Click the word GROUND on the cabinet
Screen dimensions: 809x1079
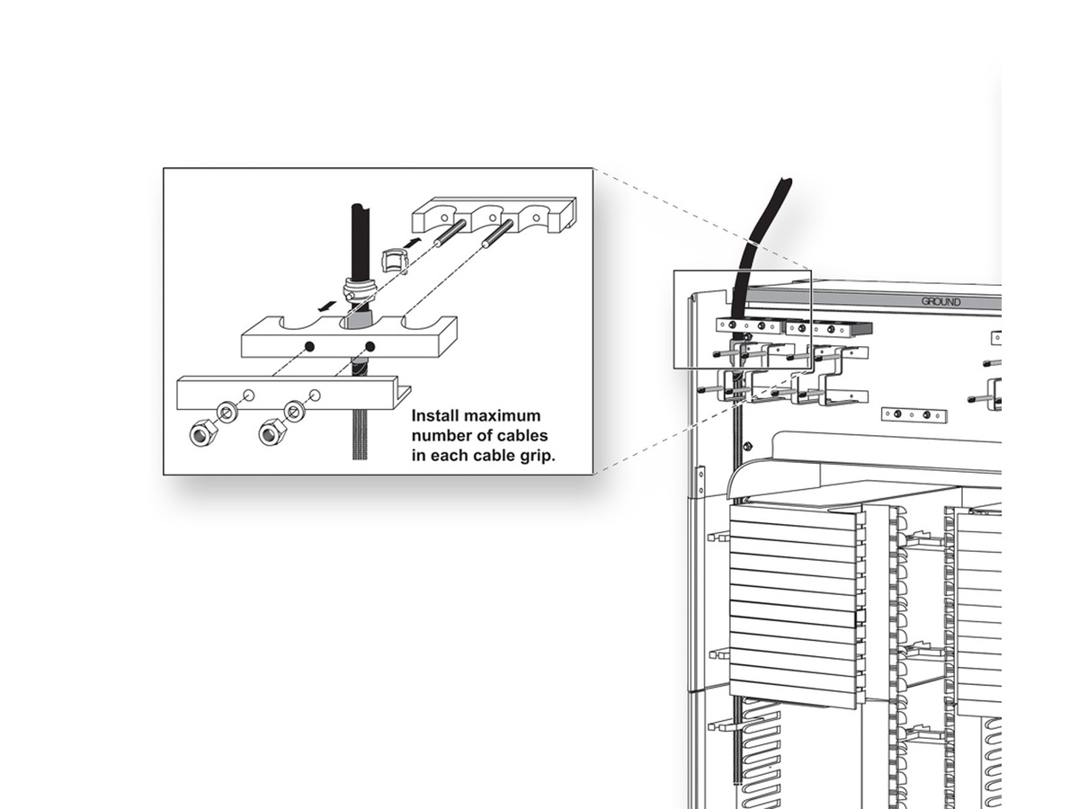pyautogui.click(x=941, y=302)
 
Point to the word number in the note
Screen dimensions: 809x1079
pyautogui.click(x=441, y=436)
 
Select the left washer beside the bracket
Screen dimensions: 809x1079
pyautogui.click(x=227, y=413)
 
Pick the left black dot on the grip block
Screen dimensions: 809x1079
pyautogui.click(x=308, y=346)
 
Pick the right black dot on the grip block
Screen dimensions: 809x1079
pyautogui.click(x=369, y=346)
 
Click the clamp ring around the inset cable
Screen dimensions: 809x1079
pyautogui.click(x=360, y=291)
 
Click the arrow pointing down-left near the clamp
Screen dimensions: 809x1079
pyautogui.click(x=330, y=306)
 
